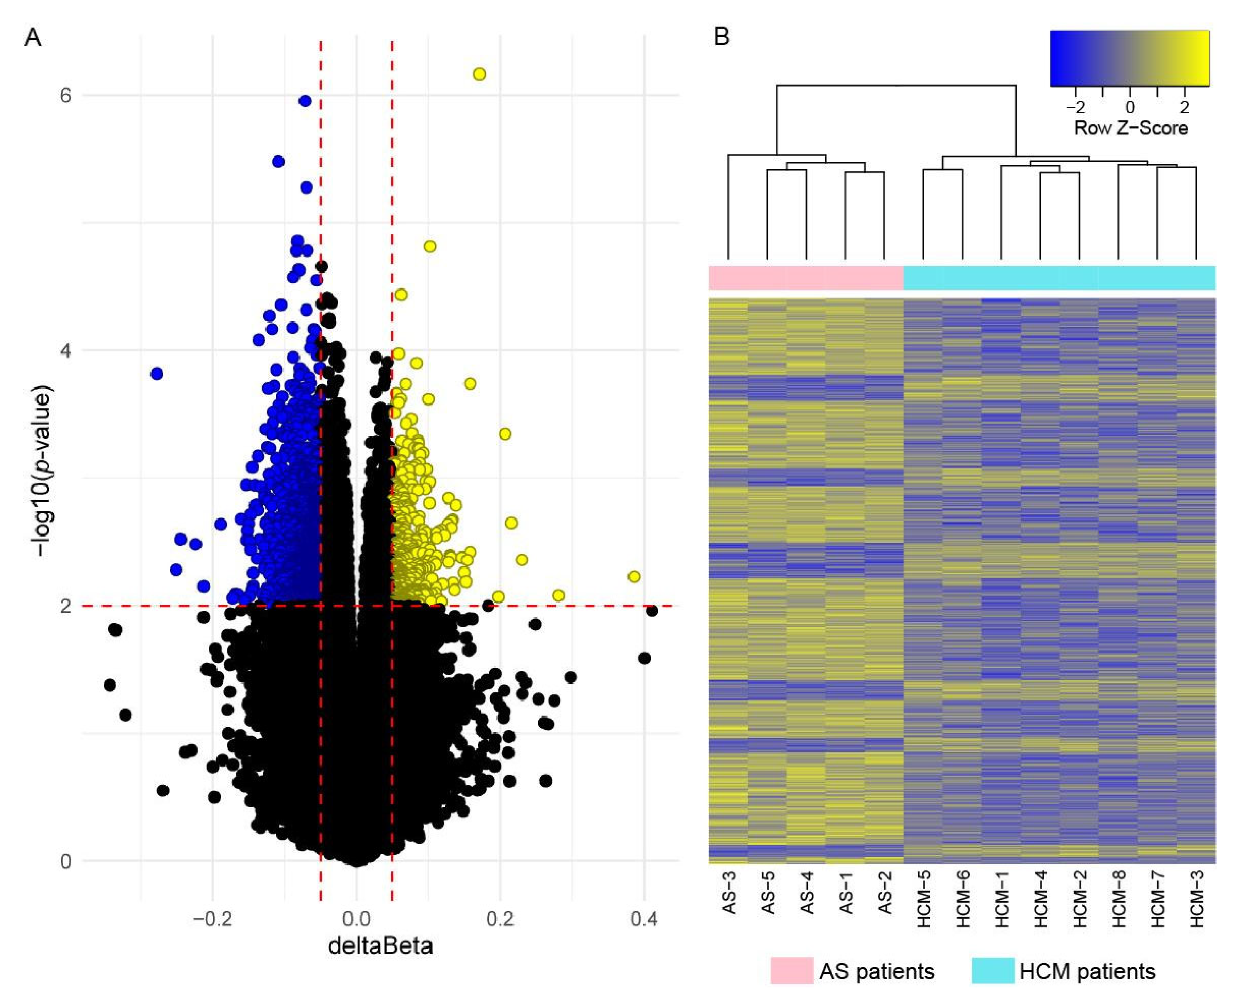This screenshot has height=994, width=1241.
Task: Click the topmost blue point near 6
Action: (x=305, y=101)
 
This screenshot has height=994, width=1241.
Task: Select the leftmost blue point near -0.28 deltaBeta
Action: (x=157, y=373)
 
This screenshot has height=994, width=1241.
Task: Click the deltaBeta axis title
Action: (x=380, y=946)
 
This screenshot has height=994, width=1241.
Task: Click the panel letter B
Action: (x=722, y=37)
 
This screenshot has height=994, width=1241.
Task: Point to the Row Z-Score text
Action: (x=1131, y=128)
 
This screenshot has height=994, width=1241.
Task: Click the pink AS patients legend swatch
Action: (x=792, y=970)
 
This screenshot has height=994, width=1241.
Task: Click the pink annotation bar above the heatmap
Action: (x=806, y=278)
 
